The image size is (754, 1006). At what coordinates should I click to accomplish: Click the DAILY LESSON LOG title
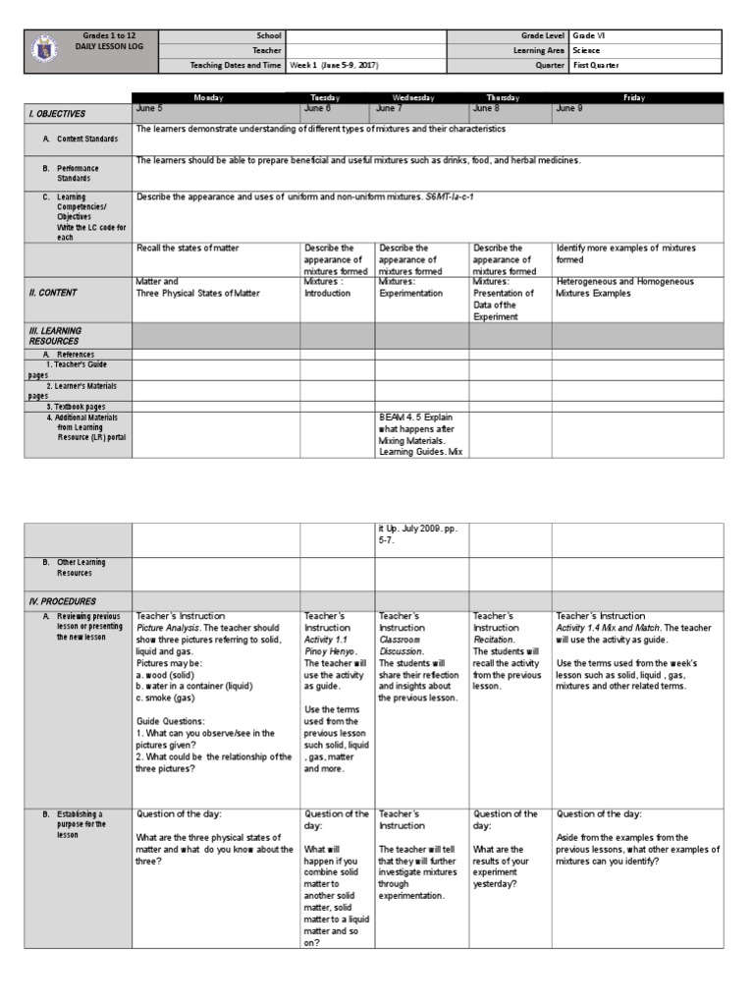click(105, 46)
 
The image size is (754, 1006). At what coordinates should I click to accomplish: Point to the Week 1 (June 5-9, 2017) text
click(334, 66)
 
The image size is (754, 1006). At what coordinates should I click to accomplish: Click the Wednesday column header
click(421, 98)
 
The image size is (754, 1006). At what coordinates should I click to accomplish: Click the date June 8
click(487, 109)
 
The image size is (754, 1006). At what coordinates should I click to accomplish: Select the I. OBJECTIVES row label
click(57, 114)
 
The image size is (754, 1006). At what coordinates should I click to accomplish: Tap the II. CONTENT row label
click(53, 293)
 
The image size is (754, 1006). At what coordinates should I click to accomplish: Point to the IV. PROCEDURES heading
click(61, 600)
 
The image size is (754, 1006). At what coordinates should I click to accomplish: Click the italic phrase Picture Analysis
click(166, 627)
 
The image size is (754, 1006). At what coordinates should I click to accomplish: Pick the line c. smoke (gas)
click(172, 699)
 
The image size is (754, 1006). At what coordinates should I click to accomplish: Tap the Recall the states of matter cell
click(189, 249)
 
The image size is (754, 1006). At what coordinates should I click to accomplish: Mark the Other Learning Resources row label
click(81, 568)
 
